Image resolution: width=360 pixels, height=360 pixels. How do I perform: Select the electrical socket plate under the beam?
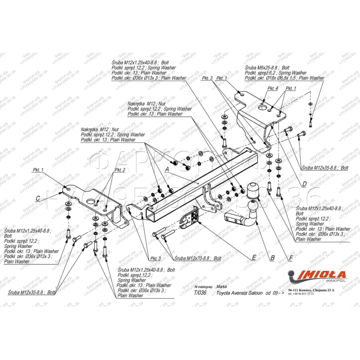(187, 219)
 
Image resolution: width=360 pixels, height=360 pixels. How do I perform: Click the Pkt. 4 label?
(273, 88)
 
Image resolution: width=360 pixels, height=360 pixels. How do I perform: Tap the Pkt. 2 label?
(120, 170)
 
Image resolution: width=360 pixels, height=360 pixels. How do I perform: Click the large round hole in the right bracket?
(263, 108)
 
